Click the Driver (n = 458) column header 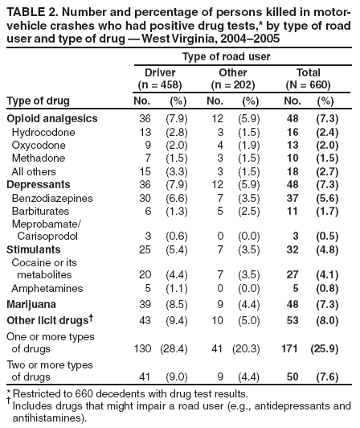pyautogui.click(x=159, y=79)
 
